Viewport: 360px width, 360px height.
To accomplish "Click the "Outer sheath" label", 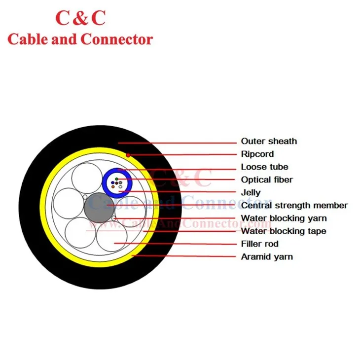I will point(269,142).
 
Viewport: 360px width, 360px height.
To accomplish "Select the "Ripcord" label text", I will point(257,154).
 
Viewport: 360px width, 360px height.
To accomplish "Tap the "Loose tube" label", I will point(264,167).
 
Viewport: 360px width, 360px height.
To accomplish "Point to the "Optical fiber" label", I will point(267,180).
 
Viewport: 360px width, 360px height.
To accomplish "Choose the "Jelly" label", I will point(251,193).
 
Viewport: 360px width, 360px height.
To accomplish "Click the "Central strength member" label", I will point(294,206).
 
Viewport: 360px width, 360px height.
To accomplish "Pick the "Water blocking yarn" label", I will point(284,218).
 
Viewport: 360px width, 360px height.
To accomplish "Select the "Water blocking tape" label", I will point(283,231).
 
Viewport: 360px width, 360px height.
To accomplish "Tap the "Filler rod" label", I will point(259,244).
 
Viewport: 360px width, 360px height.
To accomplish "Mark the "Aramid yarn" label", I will point(267,257).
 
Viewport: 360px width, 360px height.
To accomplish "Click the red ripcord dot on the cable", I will point(128,155).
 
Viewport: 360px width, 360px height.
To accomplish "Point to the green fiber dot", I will point(116,179).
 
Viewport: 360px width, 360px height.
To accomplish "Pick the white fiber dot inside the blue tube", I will point(120,186).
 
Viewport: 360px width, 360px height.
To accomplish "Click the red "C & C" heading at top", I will point(80,18).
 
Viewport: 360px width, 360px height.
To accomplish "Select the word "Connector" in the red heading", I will point(116,39).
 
